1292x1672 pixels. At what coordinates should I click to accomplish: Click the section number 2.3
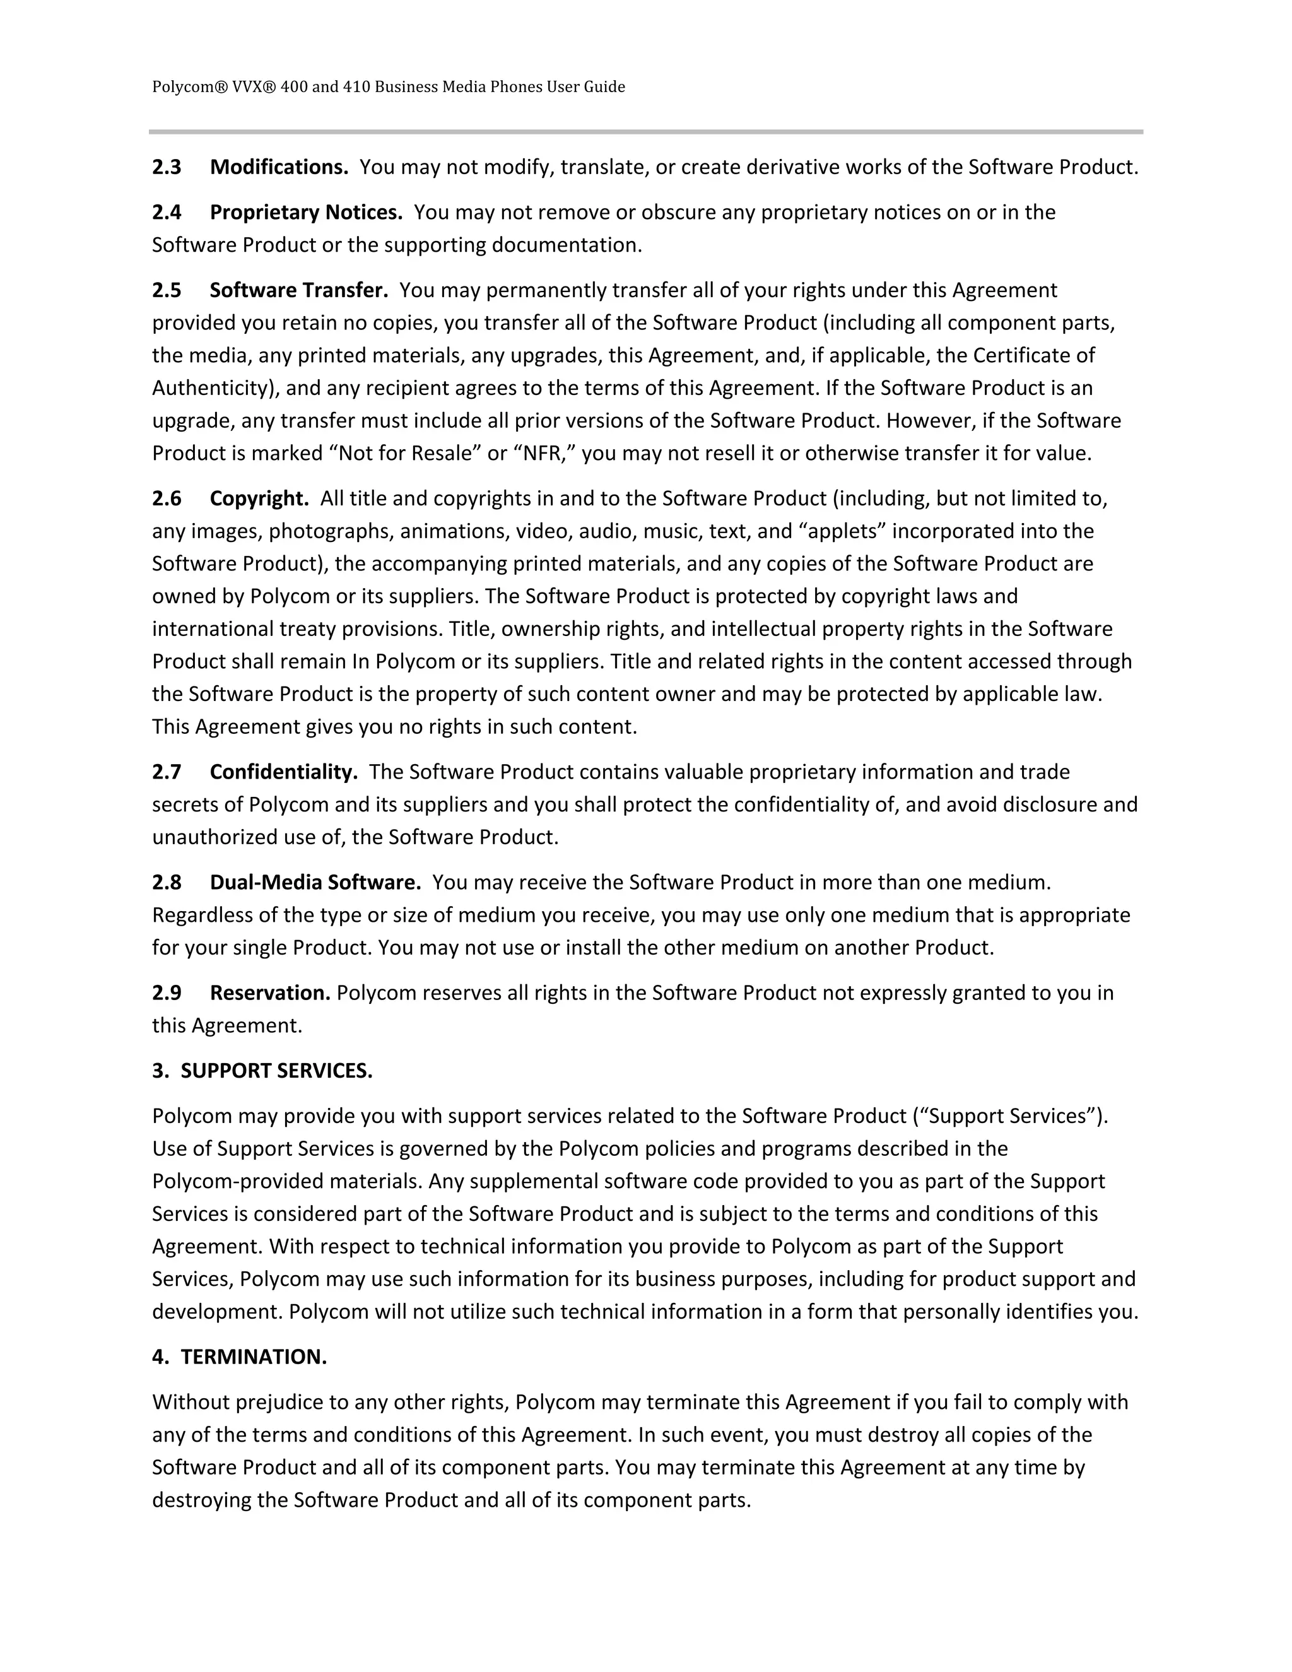click(167, 167)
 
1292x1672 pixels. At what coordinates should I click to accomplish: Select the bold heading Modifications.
click(279, 167)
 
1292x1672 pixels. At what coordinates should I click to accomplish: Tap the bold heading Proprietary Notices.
click(306, 212)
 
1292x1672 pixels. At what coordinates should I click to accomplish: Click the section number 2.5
click(167, 290)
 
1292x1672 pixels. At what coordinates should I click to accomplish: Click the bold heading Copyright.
click(259, 498)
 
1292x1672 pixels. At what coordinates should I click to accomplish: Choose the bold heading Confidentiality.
click(284, 772)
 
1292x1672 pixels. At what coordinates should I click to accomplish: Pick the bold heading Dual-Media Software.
click(315, 883)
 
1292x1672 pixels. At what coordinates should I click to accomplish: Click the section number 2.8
click(167, 883)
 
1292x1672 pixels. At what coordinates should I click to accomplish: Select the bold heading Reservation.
click(270, 993)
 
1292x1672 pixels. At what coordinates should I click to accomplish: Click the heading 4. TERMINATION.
click(240, 1357)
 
